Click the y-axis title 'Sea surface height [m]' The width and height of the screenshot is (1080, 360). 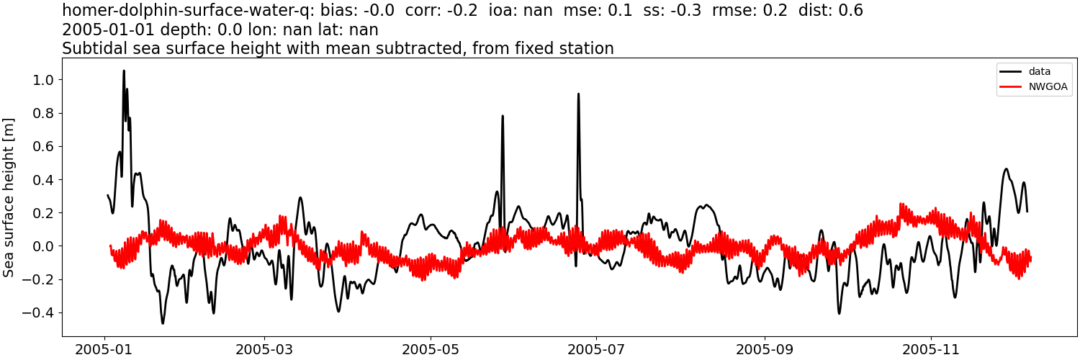[x=9, y=197]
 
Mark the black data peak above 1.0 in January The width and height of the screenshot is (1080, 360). [x=124, y=71]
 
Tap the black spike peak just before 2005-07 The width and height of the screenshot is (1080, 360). [x=578, y=94]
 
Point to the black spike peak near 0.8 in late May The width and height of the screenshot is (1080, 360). [x=503, y=116]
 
